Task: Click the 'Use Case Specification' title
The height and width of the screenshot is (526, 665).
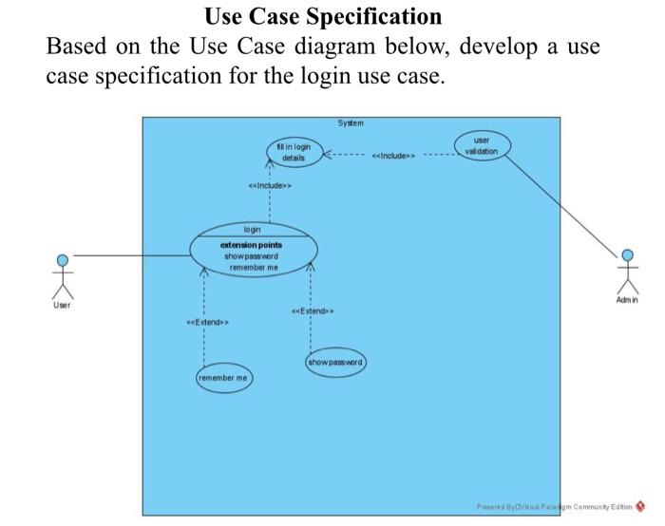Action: [323, 16]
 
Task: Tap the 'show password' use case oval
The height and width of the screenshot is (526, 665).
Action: [335, 363]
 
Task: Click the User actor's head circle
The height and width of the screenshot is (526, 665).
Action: [62, 258]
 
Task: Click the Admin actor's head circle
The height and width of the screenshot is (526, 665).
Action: [627, 254]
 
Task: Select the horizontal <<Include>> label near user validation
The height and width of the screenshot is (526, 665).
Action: [391, 154]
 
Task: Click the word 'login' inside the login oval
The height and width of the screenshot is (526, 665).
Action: [252, 230]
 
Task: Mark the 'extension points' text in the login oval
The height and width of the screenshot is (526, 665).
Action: [252, 245]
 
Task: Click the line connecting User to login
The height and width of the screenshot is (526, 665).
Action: [133, 254]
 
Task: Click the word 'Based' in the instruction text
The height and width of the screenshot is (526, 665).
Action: [78, 47]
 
